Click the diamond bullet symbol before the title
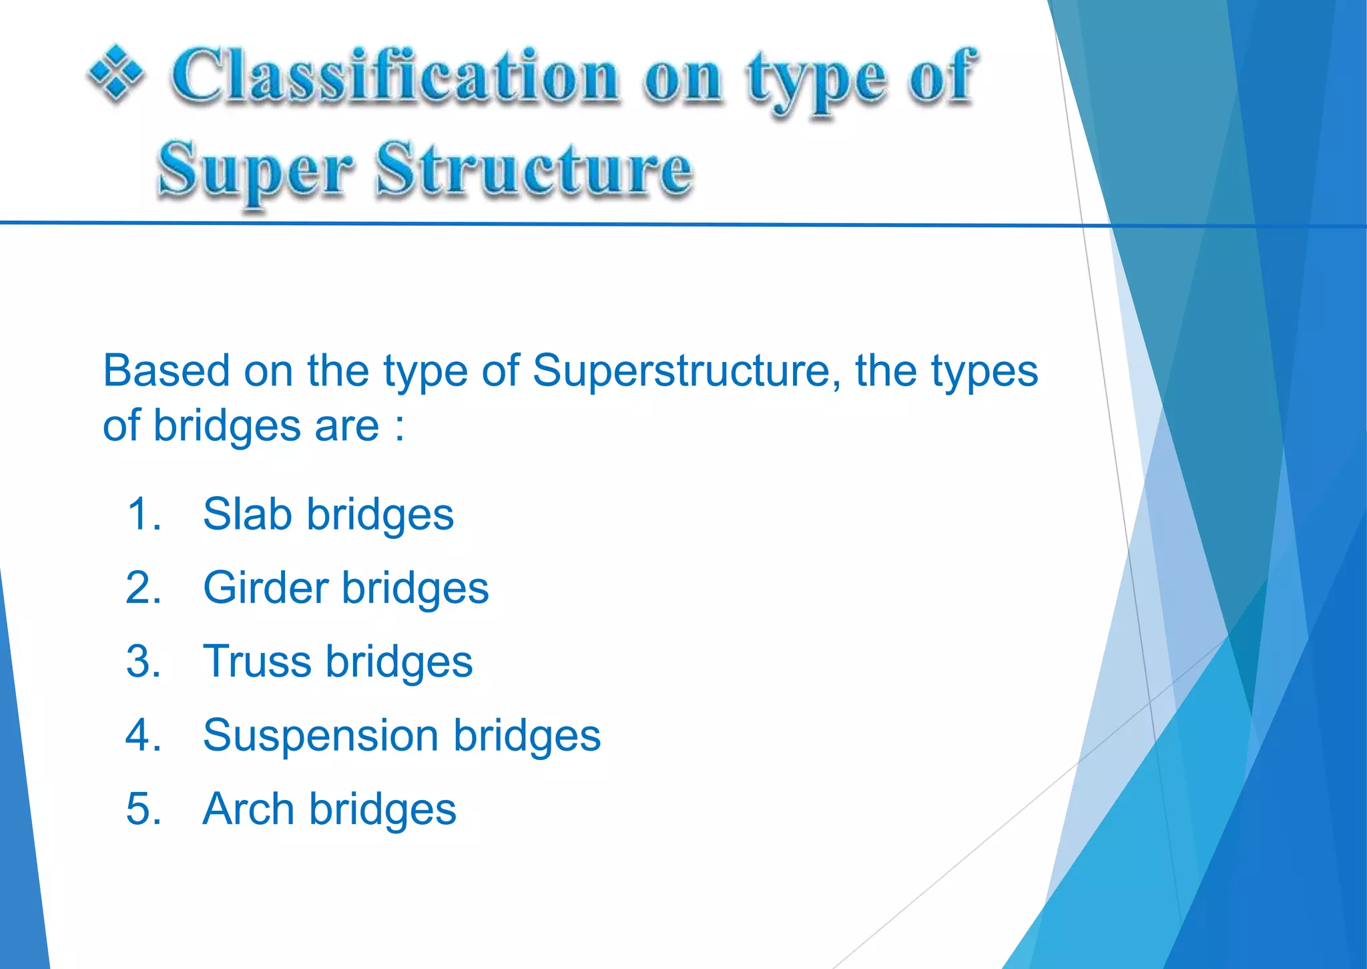tap(115, 73)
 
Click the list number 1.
tap(142, 514)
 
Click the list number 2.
tap(142, 588)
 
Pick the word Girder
tap(266, 588)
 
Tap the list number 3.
tap(142, 661)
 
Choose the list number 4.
tap(142, 735)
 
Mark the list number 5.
tap(142, 809)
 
